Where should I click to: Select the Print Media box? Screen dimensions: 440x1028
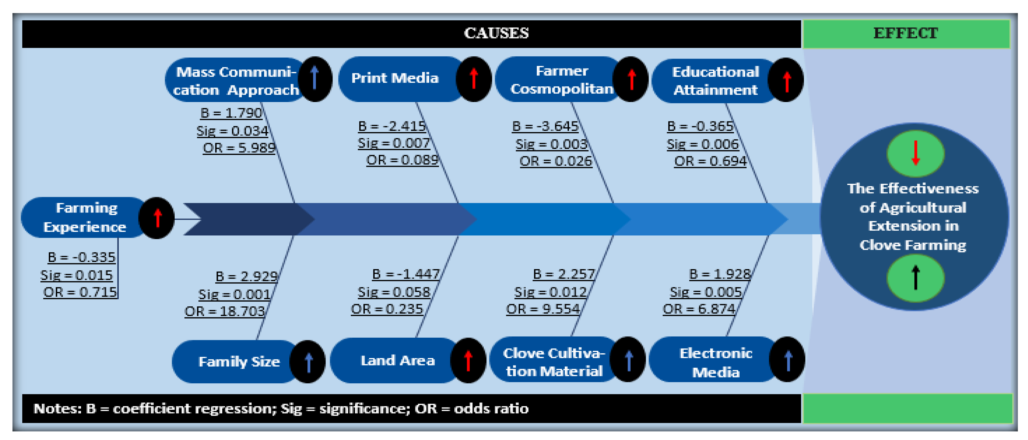(395, 78)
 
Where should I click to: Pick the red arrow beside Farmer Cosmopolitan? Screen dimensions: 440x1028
(631, 79)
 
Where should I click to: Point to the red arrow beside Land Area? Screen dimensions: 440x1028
(468, 360)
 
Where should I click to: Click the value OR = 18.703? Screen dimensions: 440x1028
(224, 311)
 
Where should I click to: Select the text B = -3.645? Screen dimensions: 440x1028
(545, 126)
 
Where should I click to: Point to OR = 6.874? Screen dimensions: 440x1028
(699, 309)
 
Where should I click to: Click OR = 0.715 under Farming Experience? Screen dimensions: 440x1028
(80, 292)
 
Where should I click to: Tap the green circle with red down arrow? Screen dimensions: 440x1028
(915, 153)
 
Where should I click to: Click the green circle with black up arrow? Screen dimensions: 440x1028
(915, 278)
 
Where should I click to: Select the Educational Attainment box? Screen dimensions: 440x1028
(715, 80)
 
